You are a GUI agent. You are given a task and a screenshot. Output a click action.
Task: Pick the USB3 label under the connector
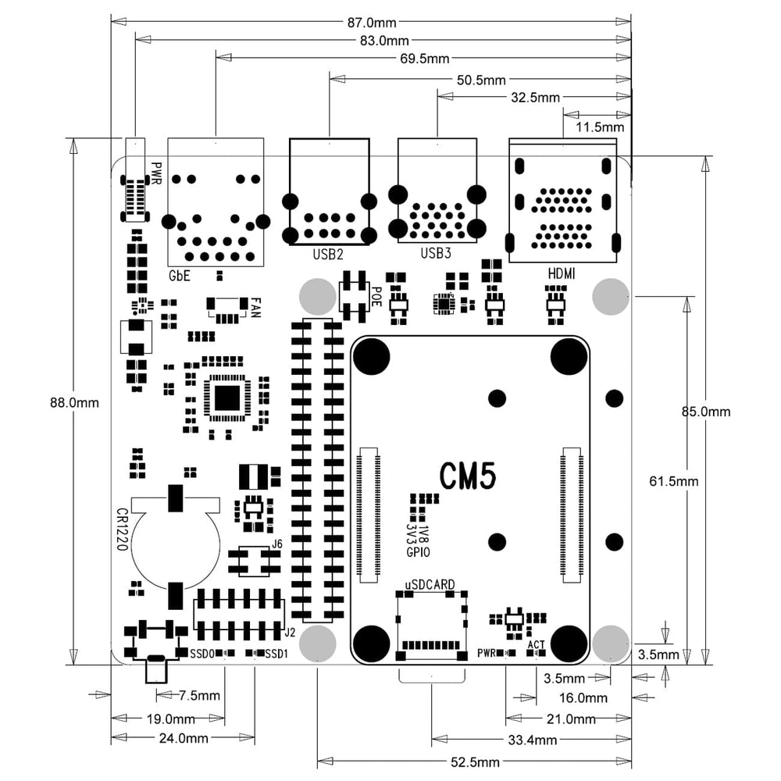[x=436, y=252]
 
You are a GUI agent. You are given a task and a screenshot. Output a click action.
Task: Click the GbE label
[x=180, y=276]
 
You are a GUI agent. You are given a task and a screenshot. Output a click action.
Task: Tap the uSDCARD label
[x=430, y=584]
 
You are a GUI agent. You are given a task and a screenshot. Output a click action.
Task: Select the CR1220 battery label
[x=122, y=530]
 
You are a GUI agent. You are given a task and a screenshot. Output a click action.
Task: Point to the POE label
[x=376, y=296]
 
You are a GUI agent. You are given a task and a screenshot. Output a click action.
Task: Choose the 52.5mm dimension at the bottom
[x=475, y=762]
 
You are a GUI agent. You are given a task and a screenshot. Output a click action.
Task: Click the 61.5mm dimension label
[x=673, y=481]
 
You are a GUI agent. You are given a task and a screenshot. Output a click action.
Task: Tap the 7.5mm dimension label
[x=199, y=695]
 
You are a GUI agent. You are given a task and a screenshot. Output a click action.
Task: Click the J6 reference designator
[x=276, y=544]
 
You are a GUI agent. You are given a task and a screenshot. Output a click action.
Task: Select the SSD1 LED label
[x=276, y=653]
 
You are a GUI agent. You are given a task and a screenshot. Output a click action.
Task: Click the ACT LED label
[x=536, y=644]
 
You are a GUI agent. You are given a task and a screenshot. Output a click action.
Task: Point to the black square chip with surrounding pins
[x=227, y=397]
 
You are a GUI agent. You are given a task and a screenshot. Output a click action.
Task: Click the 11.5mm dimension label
[x=599, y=126]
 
